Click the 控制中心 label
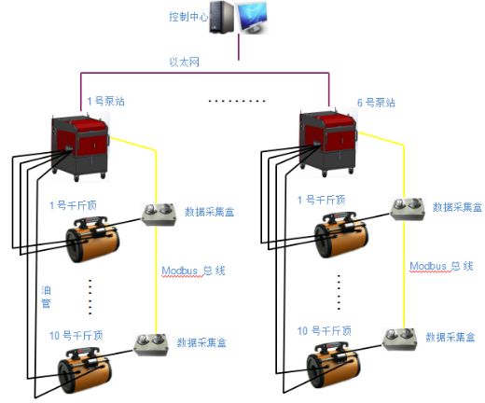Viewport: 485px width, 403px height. point(188,17)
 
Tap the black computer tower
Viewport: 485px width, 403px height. point(221,17)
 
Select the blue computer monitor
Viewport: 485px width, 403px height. point(252,18)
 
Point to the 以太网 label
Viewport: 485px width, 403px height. point(184,62)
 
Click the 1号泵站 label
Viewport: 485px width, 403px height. point(105,101)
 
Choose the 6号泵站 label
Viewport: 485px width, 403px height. point(376,103)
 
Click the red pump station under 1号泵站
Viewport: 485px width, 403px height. point(80,146)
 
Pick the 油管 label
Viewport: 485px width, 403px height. point(46,297)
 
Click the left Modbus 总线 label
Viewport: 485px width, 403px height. point(193,271)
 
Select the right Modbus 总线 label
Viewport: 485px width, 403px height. point(441,266)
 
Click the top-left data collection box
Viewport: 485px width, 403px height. point(159,215)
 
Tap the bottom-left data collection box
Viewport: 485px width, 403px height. point(151,344)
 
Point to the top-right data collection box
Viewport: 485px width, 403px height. point(408,209)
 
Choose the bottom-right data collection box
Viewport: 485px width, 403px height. point(399,340)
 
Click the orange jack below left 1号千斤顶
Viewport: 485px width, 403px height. point(92,240)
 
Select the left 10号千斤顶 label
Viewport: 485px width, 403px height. point(76,336)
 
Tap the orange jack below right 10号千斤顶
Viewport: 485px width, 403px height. point(334,366)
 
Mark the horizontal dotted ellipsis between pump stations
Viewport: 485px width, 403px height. point(237,101)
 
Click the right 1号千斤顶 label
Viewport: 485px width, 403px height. point(321,200)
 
